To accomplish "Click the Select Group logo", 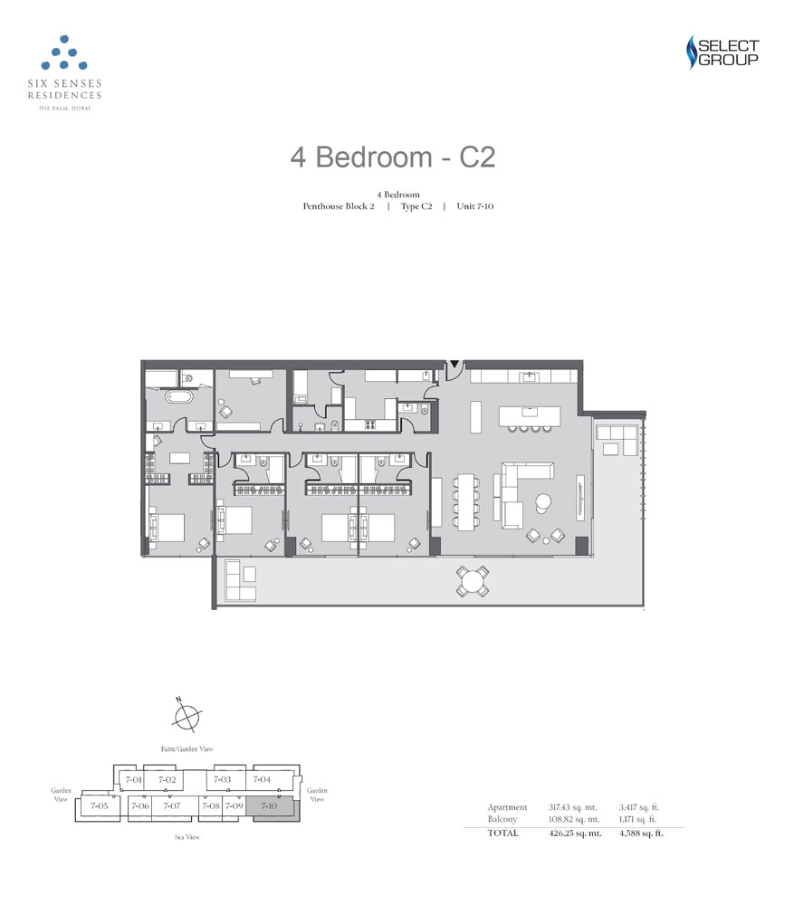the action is [x=722, y=52].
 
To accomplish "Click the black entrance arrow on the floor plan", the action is [x=454, y=364].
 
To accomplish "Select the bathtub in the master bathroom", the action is [x=179, y=397].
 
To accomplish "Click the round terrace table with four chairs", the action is [x=473, y=580].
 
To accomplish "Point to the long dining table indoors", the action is [x=465, y=501].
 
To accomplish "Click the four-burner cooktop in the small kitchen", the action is [x=369, y=424].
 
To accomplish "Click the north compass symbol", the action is [x=187, y=716].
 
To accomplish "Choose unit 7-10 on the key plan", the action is [x=270, y=806].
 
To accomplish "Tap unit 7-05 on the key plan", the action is [x=99, y=805].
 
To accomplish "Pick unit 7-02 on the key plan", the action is [x=167, y=779].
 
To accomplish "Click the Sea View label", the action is [x=187, y=837].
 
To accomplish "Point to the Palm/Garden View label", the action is [x=187, y=749].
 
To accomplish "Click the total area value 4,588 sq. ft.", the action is [x=641, y=833].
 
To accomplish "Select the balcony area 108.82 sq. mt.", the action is [x=574, y=819].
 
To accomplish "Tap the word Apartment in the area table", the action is [x=508, y=807].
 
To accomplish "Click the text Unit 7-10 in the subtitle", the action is [x=475, y=206].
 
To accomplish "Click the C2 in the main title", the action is [x=477, y=157].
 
